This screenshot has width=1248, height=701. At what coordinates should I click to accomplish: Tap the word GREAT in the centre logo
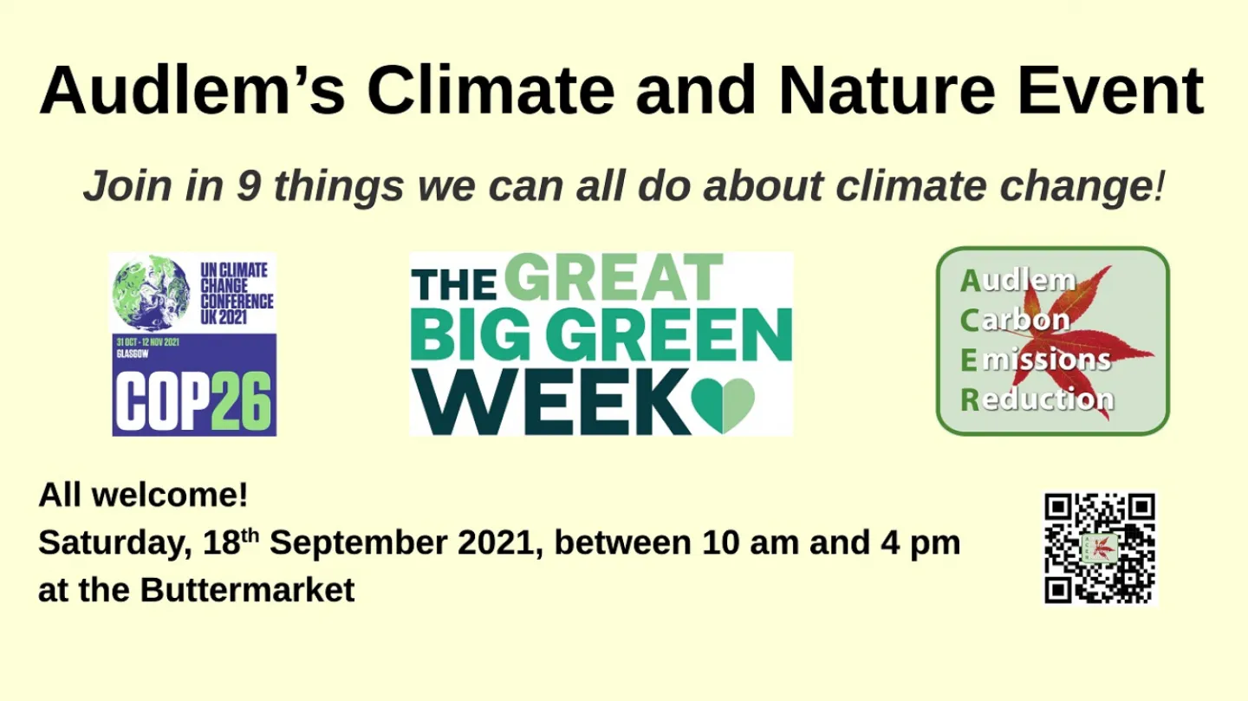tap(613, 279)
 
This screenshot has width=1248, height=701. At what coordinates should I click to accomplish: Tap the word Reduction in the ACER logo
tap(1037, 399)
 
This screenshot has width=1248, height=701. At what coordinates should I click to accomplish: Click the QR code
tap(1100, 548)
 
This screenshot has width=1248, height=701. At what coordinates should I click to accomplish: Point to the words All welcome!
tap(143, 496)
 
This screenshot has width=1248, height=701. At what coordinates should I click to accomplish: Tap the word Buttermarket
tap(247, 590)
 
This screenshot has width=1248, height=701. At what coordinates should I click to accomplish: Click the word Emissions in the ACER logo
tap(1036, 359)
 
